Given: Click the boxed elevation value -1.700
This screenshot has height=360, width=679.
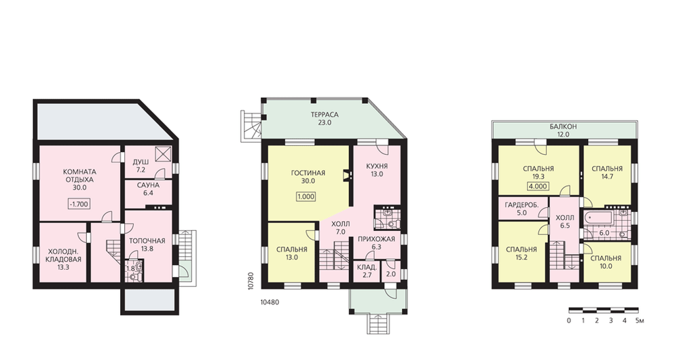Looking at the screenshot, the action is coord(79,204).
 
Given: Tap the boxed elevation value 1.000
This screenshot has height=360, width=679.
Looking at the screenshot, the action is coord(306,197).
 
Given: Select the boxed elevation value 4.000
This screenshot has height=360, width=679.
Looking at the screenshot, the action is coord(538,187).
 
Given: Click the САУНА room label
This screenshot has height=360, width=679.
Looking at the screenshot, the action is coord(148,185).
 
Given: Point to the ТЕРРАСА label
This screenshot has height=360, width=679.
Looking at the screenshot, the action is coord(325,115).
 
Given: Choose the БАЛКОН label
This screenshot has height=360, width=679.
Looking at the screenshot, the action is coord(564,127).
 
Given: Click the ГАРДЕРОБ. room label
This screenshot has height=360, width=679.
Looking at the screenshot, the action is coord(521,205).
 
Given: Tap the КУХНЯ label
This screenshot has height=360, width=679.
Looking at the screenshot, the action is coord(377,166).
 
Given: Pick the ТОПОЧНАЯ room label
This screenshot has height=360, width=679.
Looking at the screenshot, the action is coord(147,241).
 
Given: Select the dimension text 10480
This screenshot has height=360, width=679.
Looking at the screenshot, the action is coord(270,302).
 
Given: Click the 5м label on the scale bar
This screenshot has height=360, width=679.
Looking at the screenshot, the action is coord(640,321).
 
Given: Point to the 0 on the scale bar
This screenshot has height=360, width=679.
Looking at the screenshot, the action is coord(568,321).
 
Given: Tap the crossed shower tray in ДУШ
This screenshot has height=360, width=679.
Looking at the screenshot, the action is coord(164,154).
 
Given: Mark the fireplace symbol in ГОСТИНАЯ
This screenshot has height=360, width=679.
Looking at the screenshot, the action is coord(346,175).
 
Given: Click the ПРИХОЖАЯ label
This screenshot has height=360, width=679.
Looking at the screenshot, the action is coord(377,239).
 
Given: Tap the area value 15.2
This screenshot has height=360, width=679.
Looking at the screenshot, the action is coord(521,257).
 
